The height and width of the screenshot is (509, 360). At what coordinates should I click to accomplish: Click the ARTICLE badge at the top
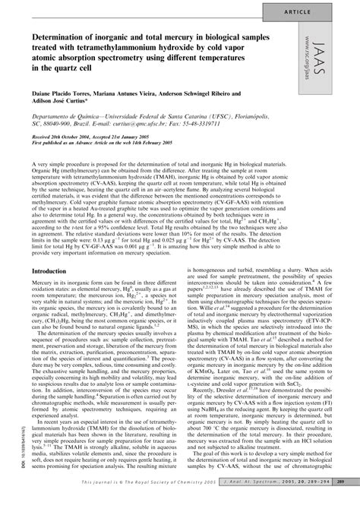coord(322,13)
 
